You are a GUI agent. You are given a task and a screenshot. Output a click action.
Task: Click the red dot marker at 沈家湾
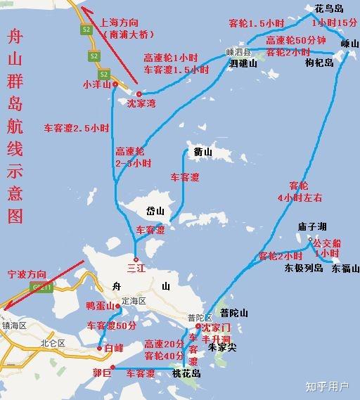(139, 93)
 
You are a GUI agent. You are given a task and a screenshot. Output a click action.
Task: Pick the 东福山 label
(345, 268)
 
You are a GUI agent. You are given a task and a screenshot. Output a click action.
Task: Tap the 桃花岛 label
(186, 375)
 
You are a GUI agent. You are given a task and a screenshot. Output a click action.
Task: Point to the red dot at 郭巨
(113, 368)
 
